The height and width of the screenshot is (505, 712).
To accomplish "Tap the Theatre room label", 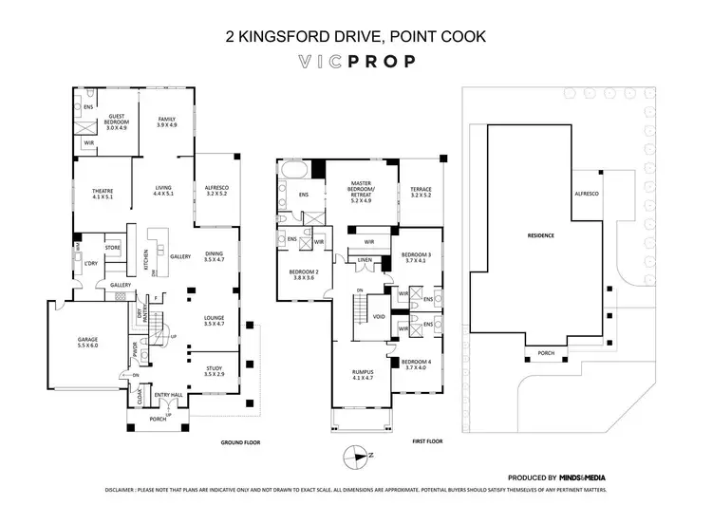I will point(103,193).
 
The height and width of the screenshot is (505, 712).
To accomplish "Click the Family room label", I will point(167,122).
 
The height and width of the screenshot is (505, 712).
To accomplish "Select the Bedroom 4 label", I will point(416,365).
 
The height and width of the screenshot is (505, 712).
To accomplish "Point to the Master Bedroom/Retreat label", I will point(360,191).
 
